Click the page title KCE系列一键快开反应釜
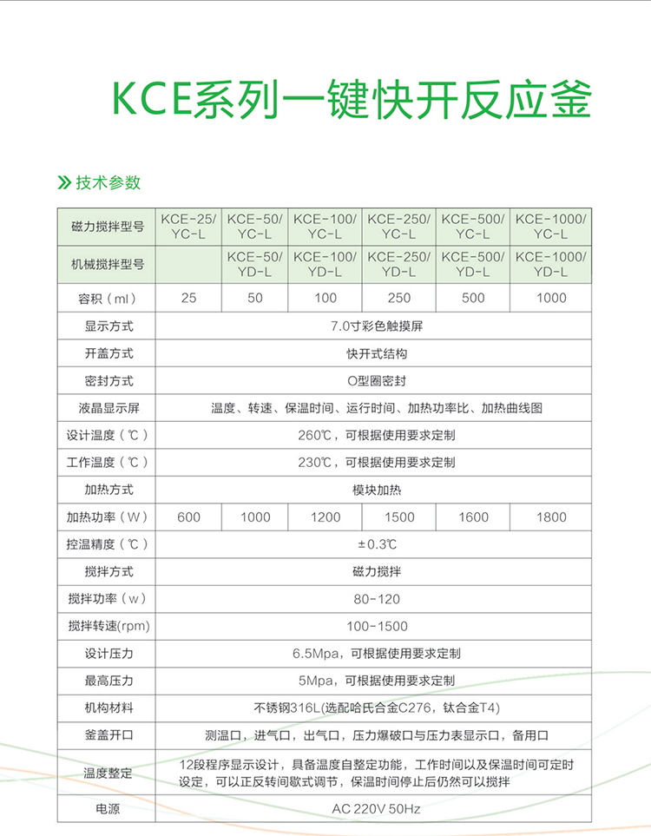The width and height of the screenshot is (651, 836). tap(352, 101)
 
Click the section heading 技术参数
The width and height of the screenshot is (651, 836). tap(108, 182)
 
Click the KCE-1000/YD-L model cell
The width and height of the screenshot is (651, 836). tap(550, 264)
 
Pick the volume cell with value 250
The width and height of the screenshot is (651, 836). tap(399, 298)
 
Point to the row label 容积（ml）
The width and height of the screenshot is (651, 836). tap(108, 298)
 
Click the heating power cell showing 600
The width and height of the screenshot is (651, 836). tap(188, 517)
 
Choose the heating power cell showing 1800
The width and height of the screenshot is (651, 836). tap(550, 517)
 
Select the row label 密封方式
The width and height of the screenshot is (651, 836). tap(108, 381)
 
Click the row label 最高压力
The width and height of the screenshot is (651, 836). tap(108, 681)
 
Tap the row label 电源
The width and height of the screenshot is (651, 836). tap(108, 809)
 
